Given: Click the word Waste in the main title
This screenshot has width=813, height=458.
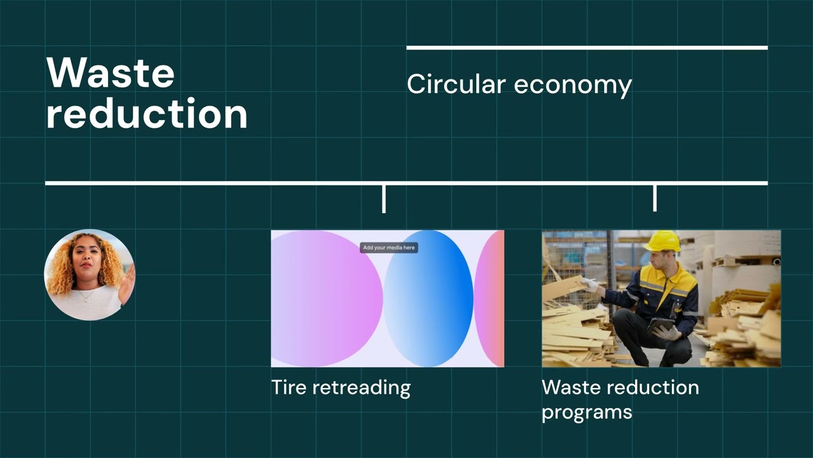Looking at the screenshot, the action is pos(111,73).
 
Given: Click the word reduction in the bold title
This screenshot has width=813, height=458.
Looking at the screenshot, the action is pos(147,113).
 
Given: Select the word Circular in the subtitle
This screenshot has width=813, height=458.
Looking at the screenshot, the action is pos(456,85).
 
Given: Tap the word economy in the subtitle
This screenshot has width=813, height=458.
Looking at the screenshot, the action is pos(573,87).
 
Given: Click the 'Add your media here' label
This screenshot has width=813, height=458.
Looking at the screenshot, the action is pos(389,247).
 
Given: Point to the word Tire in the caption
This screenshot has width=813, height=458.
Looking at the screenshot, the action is pos(289,387).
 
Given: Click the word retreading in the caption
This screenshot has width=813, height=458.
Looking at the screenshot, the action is pos(361,388).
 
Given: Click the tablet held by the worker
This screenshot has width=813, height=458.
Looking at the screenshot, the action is pos(660,324).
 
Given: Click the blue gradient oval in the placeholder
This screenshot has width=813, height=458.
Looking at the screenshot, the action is pos(429,298).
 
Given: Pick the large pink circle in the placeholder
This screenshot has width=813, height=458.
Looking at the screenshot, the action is pos(326,298).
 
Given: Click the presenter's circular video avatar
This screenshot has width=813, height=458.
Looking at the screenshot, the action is pos(90,275).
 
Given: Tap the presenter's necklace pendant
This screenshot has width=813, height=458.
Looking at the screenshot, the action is pos(86,300).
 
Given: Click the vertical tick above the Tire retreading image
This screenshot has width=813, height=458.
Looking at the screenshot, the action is pos(384,199).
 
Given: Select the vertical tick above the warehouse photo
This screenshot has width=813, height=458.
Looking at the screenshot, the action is pos(655,198).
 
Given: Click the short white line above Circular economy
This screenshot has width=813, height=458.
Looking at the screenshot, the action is pos(587,48).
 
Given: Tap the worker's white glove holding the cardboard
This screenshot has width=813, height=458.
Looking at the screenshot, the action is pos(589,285).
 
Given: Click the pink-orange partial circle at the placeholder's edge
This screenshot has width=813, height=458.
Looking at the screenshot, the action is pos(490,298).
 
